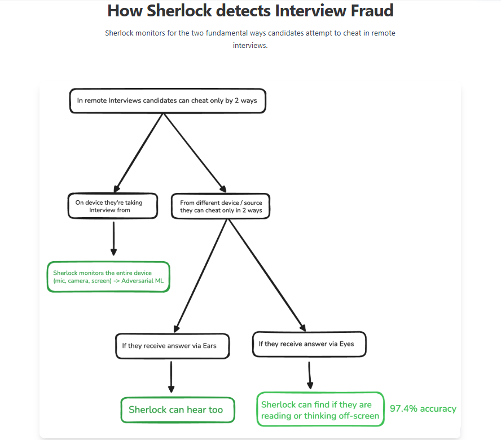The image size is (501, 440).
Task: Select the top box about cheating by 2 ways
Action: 167,101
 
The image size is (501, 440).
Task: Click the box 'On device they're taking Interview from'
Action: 113,206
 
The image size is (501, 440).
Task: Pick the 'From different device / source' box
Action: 221,206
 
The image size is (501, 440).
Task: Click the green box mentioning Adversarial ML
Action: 108,276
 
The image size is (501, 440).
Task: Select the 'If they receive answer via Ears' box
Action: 172,345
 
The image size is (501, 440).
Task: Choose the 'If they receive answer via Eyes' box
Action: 309,344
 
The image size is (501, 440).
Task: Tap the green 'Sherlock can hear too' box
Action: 177,410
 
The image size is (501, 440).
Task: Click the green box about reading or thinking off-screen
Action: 320,410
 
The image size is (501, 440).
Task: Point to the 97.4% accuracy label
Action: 423,409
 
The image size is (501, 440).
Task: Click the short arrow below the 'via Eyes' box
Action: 309,375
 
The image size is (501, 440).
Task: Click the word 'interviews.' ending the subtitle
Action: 250,45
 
